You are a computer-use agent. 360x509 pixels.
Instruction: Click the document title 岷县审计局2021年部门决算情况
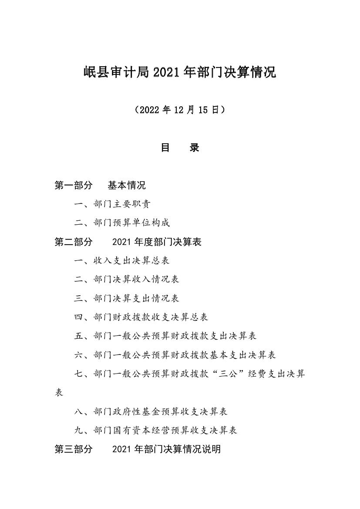point(180,72)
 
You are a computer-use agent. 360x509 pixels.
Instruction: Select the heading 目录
point(180,148)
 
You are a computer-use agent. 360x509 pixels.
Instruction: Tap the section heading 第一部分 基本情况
point(100,186)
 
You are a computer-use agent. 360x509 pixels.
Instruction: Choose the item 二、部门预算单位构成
point(122,223)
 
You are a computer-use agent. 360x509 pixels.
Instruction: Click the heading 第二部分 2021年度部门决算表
point(128,242)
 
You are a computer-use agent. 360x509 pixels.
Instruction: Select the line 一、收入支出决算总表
point(122,261)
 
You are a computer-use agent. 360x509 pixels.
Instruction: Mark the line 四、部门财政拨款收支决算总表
point(141,317)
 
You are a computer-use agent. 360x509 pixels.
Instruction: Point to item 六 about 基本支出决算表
point(175,355)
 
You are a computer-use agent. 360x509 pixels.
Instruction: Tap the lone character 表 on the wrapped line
point(59,393)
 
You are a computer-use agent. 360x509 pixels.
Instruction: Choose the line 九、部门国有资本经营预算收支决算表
point(155,431)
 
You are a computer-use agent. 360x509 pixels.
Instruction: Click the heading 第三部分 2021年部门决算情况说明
point(138,449)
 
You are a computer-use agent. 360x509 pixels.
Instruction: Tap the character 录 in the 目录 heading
point(194,148)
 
